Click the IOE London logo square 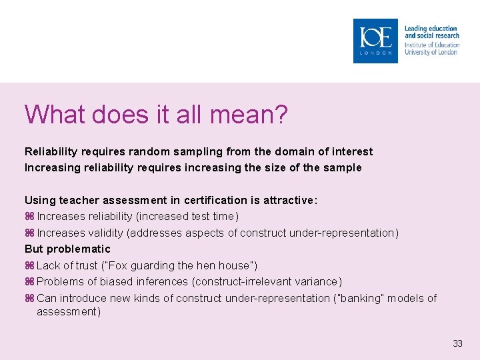(375, 41)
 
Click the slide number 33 (457, 344)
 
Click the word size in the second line (276, 168)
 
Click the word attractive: (287, 201)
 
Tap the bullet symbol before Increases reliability (29, 217)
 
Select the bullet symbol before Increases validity (29, 233)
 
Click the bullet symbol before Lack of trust (29, 266)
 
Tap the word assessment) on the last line (69, 312)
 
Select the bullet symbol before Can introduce (29, 299)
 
